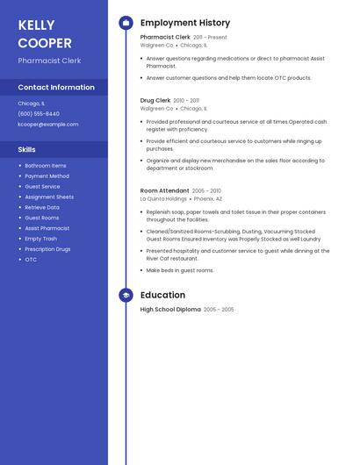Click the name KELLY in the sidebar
(36, 25)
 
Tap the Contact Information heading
(56, 88)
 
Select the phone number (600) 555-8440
(39, 113)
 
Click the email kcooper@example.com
(47, 125)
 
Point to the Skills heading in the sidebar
(26, 150)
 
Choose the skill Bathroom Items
(45, 166)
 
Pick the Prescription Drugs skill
(47, 249)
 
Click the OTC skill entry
(31, 260)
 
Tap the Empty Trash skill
(40, 239)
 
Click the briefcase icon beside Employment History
(126, 23)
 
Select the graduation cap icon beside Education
(126, 296)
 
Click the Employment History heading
(185, 23)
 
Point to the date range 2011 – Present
(210, 38)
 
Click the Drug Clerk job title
(155, 101)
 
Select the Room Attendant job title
(164, 190)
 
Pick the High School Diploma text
(170, 310)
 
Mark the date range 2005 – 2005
(220, 310)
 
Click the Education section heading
(162, 296)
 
